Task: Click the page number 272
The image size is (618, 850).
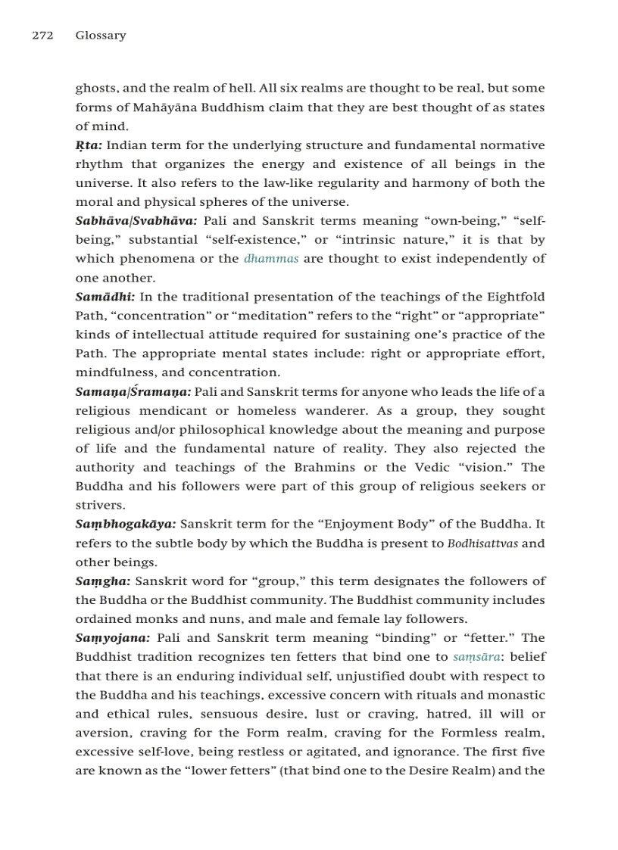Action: coord(42,36)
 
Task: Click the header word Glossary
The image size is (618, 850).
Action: coord(101,36)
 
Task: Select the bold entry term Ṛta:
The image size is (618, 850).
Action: coord(89,145)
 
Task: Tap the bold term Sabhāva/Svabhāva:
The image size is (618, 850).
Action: coord(136,221)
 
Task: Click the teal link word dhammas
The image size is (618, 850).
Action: coord(271,259)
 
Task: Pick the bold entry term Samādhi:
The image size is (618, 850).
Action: coord(105,297)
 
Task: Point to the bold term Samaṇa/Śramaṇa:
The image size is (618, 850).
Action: coord(133,392)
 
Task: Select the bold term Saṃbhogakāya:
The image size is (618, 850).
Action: coord(126,525)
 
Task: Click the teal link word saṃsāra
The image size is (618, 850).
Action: coord(476,657)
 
